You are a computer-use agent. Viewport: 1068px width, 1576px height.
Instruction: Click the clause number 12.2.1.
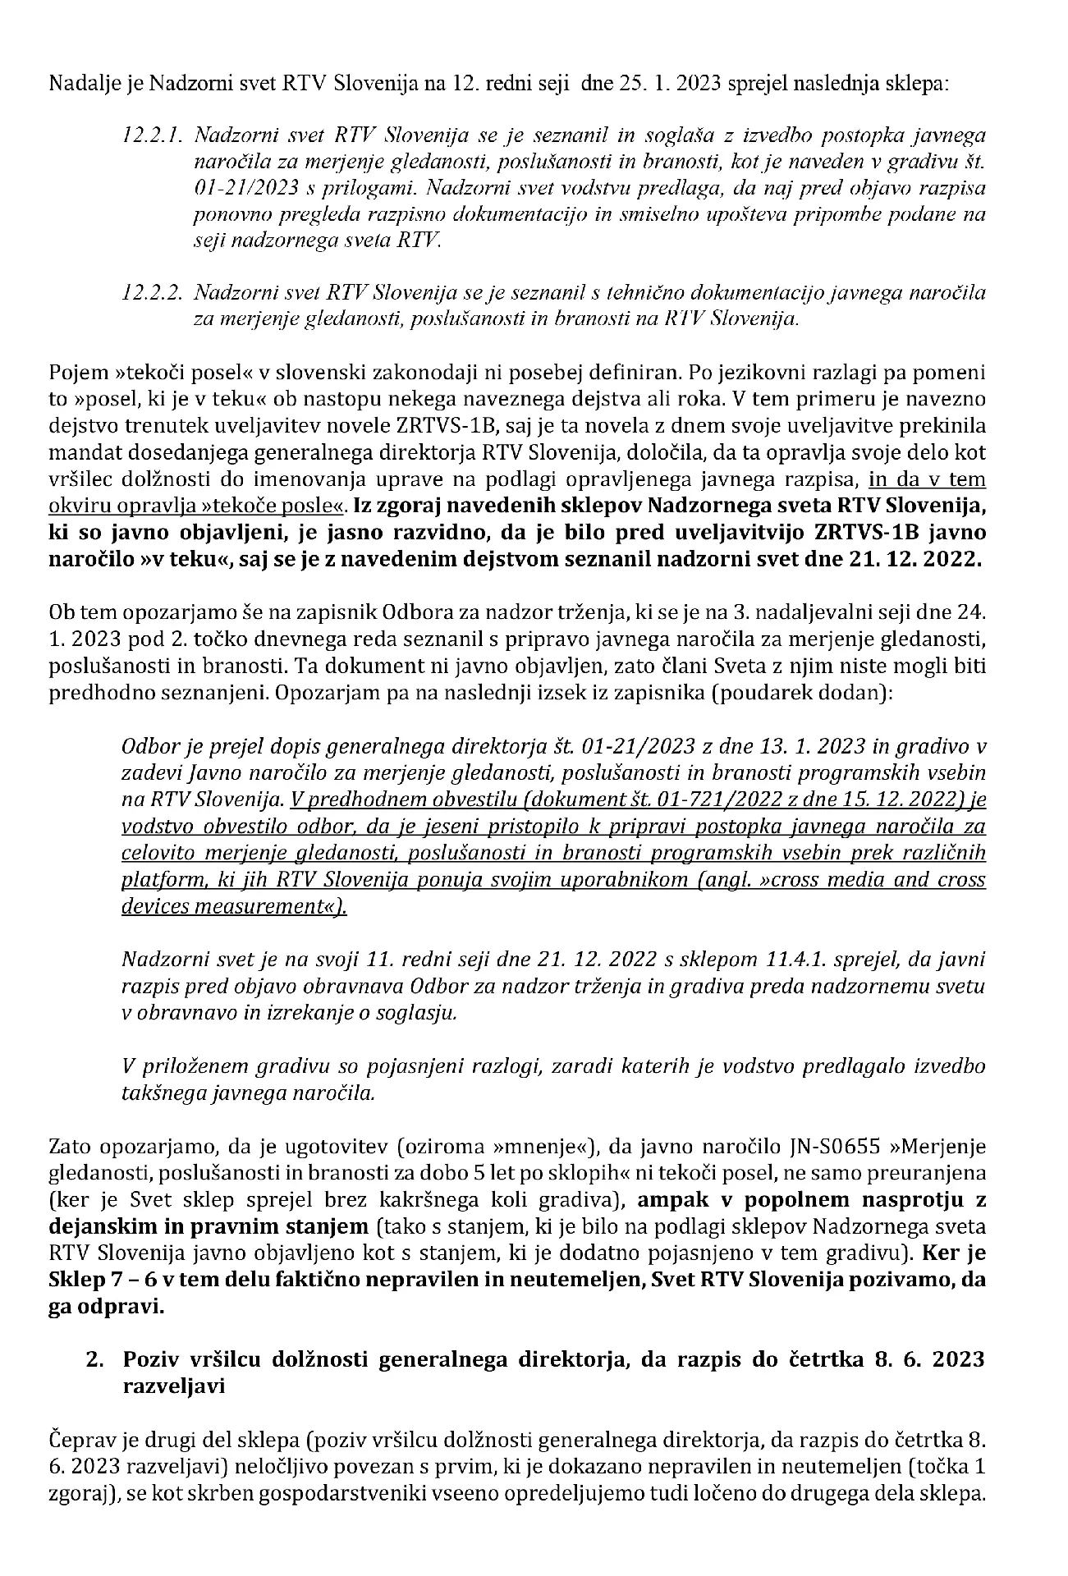coord(148,135)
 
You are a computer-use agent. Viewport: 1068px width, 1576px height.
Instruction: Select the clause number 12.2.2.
coord(148,292)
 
